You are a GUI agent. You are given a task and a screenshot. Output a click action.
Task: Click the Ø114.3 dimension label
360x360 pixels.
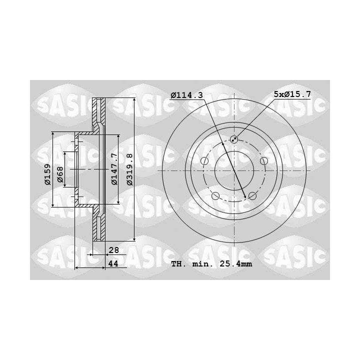pos(187,95)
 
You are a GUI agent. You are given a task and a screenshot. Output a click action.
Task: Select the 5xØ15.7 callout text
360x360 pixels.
pos(292,94)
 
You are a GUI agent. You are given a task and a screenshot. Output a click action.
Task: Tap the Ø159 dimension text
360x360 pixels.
pos(47,174)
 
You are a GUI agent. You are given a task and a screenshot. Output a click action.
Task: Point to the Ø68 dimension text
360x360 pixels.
pos(60,174)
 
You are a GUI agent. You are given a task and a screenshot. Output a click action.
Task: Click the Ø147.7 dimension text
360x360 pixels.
pos(114,169)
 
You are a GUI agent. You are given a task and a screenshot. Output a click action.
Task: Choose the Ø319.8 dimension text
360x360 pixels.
pos(129,169)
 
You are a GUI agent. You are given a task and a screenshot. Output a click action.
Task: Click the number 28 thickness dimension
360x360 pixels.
pos(113,250)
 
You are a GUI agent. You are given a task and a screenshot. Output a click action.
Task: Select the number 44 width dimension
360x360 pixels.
pos(113,263)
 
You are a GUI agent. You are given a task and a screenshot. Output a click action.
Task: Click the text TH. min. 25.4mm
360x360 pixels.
pos(211,264)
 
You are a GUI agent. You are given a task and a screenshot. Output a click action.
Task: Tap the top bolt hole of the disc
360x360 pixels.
pos(234,139)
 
